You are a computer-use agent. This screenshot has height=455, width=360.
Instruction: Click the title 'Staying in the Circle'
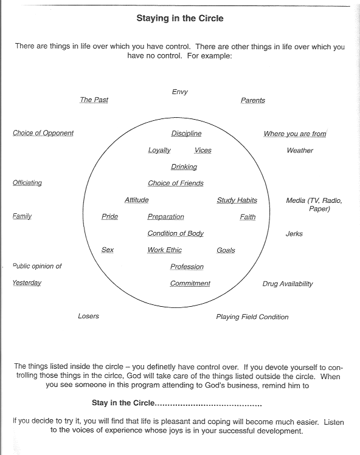180,19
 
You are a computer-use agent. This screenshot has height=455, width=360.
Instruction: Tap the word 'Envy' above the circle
180,92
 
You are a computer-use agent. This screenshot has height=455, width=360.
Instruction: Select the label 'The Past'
94,100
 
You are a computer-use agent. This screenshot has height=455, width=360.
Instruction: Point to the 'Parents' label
252,100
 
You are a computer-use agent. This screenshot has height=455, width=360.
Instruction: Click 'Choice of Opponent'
43,133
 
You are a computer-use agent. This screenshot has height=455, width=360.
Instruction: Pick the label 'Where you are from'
295,134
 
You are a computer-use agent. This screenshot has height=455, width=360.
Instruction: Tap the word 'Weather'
300,150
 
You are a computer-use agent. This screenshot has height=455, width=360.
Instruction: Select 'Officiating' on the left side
27,183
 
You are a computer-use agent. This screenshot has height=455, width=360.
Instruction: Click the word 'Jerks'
294,234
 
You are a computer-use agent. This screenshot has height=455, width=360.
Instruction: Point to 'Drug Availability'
288,284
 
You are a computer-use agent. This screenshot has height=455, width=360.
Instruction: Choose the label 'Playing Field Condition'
252,317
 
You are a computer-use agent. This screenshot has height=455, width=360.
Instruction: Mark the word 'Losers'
88,316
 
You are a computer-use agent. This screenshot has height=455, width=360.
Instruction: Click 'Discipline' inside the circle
186,134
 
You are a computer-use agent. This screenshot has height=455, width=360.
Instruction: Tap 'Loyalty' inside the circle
159,150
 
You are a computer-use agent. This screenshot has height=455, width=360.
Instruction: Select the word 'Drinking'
184,167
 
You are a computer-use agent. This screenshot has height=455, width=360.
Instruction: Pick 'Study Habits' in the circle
237,200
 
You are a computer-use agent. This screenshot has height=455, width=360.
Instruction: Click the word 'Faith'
247,217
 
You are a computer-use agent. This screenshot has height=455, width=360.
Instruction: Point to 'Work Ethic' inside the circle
164,250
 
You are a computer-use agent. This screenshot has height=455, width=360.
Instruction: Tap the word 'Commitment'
190,284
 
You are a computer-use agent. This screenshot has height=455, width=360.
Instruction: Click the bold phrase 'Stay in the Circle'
123,403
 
